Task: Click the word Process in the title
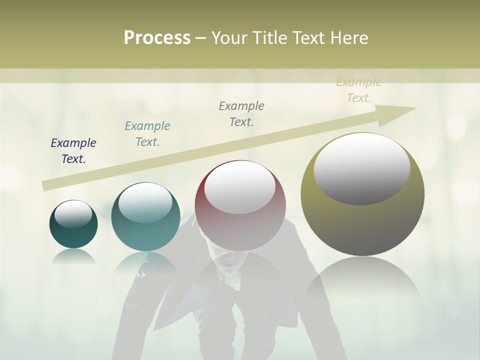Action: click(157, 38)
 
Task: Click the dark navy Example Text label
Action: click(73, 151)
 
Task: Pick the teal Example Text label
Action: click(147, 134)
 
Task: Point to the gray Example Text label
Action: click(241, 114)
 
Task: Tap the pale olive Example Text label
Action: click(359, 90)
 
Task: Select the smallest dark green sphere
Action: click(73, 235)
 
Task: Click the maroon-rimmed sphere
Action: click(240, 225)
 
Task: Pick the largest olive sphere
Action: click(362, 225)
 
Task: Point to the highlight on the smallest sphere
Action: click(73, 214)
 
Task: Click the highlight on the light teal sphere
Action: click(145, 202)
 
